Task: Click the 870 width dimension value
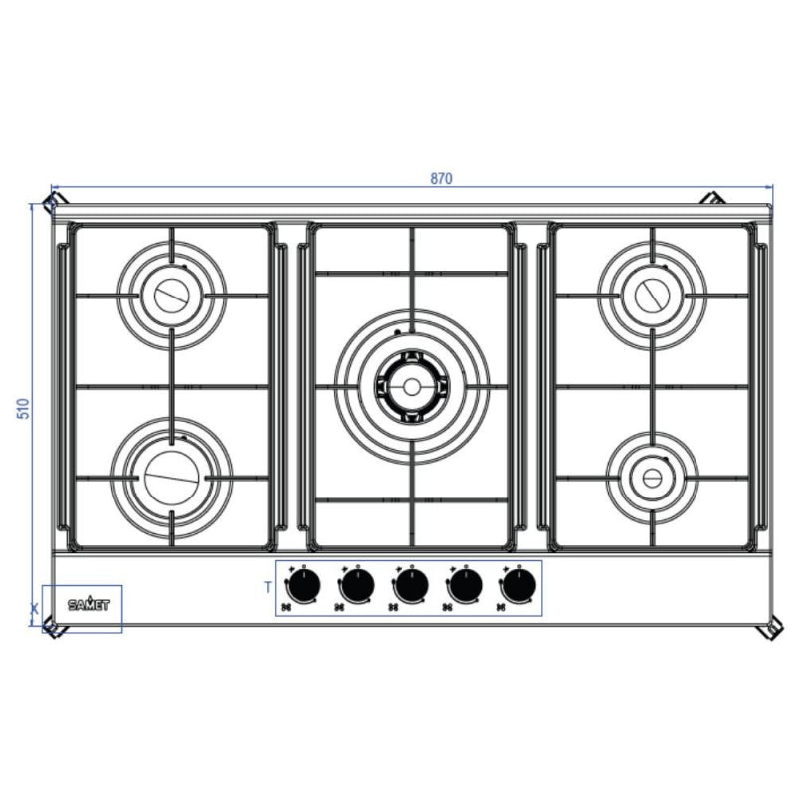click(442, 179)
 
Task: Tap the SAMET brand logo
click(90, 603)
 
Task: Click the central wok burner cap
click(410, 385)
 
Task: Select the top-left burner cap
click(172, 295)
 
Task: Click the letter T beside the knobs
click(268, 587)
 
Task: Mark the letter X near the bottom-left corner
click(35, 606)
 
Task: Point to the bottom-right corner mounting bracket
click(769, 631)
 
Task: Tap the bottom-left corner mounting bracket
click(50, 628)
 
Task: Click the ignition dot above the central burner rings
click(397, 331)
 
